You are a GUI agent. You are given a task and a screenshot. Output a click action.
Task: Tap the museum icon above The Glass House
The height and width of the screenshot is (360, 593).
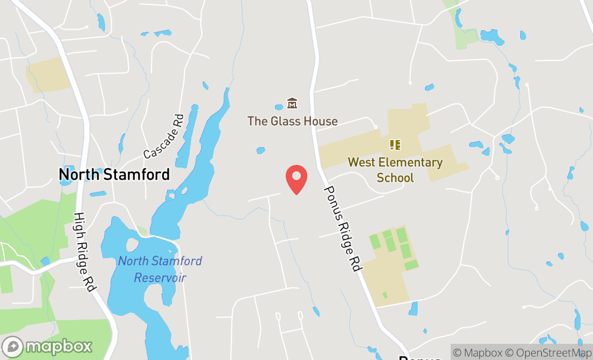(x=292, y=103)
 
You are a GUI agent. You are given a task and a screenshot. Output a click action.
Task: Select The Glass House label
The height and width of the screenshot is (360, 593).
(x=292, y=121)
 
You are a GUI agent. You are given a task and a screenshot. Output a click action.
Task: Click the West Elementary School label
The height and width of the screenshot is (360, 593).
(x=395, y=169)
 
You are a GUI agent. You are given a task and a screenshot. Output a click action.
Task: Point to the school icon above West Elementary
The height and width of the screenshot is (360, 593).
(x=395, y=144)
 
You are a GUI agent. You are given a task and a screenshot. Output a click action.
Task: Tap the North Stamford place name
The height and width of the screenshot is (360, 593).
(x=114, y=175)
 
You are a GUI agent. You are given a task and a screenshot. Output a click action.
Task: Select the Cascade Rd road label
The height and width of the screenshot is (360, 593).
(x=163, y=137)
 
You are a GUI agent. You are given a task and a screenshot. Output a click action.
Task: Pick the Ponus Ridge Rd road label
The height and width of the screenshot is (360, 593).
(x=342, y=229)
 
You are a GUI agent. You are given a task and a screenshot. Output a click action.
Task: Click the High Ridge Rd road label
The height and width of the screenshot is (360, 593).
(x=85, y=252)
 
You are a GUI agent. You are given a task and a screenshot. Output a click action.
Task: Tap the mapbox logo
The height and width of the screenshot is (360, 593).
(x=47, y=345)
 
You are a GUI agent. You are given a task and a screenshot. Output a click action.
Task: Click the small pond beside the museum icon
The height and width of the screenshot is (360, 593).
(x=279, y=107)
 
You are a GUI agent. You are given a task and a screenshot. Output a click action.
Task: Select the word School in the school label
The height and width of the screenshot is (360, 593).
(x=395, y=177)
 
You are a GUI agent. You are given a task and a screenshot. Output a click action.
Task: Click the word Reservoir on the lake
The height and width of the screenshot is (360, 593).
(x=160, y=278)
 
